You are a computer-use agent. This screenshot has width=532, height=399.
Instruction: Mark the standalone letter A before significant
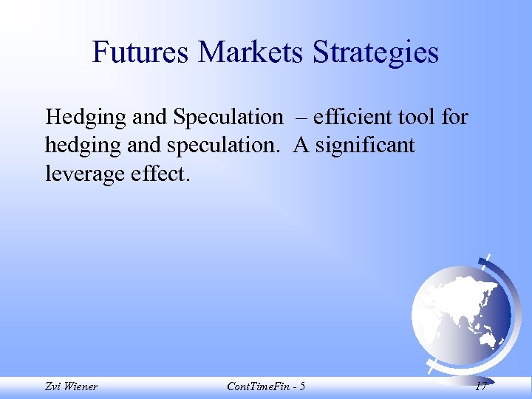pos(300,146)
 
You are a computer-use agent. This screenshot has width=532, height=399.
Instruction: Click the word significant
pos(365,146)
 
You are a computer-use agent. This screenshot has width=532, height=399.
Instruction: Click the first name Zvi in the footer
pos(53,386)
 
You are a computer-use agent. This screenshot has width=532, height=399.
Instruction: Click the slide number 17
pos(481,386)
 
